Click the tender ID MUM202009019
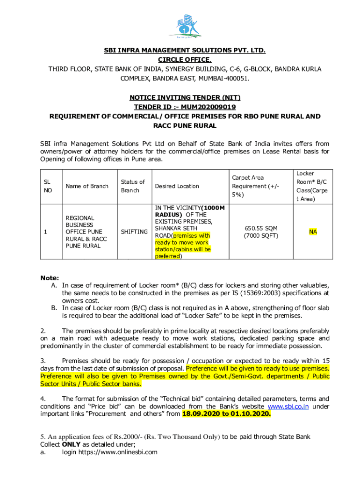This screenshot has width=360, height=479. [x=203, y=107]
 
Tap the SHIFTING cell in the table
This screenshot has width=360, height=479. [x=134, y=232]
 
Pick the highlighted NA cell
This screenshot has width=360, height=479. [x=312, y=232]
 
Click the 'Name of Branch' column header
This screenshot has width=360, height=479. [x=87, y=186]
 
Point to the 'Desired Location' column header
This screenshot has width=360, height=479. [x=177, y=186]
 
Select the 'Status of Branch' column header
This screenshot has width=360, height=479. [x=133, y=186]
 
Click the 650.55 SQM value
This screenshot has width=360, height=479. [x=260, y=228]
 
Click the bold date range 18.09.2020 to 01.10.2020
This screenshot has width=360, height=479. [x=226, y=414]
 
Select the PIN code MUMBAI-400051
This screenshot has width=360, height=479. [x=224, y=78]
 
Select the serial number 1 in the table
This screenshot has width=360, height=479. [x=45, y=232]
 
